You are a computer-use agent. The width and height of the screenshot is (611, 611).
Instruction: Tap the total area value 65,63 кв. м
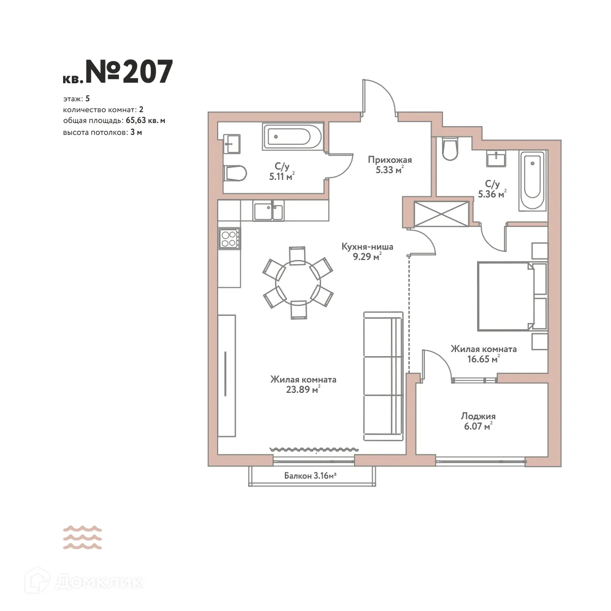coord(145,120)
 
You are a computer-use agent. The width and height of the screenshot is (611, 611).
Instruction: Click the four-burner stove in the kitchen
coord(229,238)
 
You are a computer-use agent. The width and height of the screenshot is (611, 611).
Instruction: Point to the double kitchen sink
coord(268,211)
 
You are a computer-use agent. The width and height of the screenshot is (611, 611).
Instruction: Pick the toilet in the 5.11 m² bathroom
coord(235,173)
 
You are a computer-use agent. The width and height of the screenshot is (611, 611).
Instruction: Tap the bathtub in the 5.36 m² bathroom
coord(532,180)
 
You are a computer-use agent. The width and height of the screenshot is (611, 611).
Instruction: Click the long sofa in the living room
coord(383,376)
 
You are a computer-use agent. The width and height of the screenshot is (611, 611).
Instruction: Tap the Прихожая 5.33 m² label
coord(390,165)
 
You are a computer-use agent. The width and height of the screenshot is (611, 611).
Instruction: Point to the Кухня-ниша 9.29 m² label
coord(367,251)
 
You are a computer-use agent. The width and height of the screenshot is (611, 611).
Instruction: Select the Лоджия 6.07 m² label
coord(478,421)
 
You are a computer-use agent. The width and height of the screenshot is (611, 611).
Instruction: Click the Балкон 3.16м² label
coord(310,476)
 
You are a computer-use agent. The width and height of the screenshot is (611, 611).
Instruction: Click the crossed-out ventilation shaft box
coord(442,213)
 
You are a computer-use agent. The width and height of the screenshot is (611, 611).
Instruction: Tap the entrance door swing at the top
coord(380,96)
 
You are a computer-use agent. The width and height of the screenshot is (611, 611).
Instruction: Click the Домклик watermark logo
coord(86,582)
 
